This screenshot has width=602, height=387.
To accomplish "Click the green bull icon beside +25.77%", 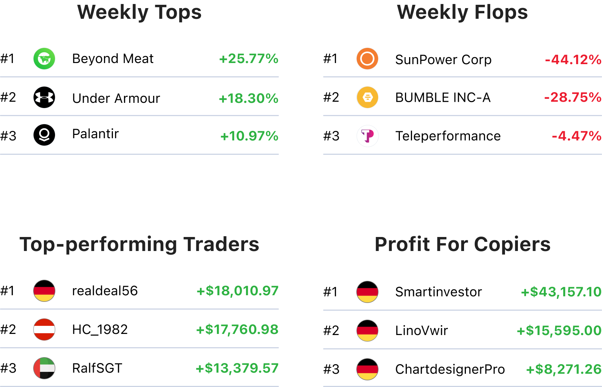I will click(x=44, y=59).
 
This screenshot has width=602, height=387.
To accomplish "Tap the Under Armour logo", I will click(x=44, y=97).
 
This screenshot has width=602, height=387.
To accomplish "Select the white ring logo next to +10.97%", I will click(x=44, y=135).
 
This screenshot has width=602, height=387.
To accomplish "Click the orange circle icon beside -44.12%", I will click(x=367, y=59).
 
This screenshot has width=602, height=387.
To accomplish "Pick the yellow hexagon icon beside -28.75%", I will click(x=367, y=97).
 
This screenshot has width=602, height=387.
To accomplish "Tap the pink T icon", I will click(x=367, y=136).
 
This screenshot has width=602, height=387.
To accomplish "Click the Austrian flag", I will click(x=44, y=330).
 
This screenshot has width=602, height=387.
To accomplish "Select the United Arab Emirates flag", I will click(x=44, y=368).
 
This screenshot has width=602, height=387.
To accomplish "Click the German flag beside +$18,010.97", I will click(x=44, y=291).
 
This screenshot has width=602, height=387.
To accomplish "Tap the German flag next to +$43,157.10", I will click(x=367, y=292).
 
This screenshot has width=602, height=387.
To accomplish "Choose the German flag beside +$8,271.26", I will click(x=367, y=369).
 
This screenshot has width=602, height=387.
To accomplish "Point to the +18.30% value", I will click(x=248, y=98).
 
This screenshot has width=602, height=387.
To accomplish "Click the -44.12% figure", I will click(x=572, y=59).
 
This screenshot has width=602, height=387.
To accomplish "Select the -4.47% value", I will click(x=576, y=136).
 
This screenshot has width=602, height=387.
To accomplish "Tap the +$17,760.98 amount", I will click(x=237, y=330).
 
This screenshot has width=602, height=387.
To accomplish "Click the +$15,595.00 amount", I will click(x=559, y=331).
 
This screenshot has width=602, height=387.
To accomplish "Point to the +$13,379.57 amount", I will click(x=237, y=368).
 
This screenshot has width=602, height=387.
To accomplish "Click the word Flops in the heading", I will click(x=501, y=12).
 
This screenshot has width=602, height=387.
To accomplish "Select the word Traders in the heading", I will click(x=221, y=244).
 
